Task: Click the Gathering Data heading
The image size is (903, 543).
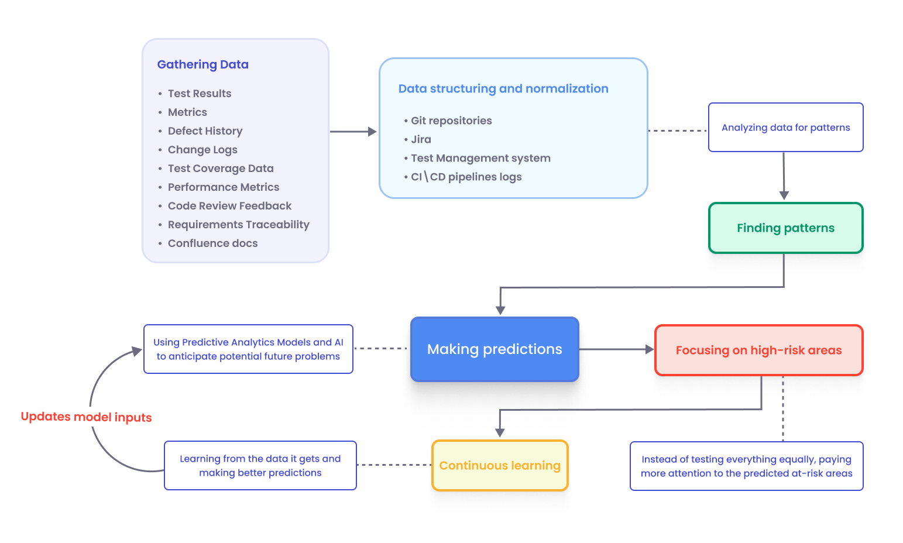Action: tap(202, 64)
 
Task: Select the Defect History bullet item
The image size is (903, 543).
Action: tap(205, 131)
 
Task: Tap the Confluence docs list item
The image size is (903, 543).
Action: tap(212, 243)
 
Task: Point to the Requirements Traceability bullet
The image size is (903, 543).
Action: tap(238, 225)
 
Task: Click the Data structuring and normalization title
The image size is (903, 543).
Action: tap(503, 88)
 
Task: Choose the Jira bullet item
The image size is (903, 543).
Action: tap(421, 139)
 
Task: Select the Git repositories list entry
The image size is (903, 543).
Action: tap(451, 121)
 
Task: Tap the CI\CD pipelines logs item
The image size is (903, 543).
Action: tap(466, 177)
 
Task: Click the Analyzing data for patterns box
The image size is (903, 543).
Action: tap(785, 128)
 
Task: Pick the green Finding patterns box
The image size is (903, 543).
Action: tap(785, 228)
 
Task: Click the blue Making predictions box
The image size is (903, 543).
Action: tap(495, 349)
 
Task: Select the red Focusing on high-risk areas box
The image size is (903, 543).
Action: tap(758, 350)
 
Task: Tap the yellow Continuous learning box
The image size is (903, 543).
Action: tap(500, 466)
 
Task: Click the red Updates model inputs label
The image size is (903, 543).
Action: tap(86, 417)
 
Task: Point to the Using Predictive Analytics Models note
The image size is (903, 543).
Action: tap(248, 349)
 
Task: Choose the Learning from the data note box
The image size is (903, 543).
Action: tap(260, 466)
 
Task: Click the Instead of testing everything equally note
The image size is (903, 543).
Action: tap(746, 466)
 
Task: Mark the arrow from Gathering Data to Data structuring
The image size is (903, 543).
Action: tap(353, 132)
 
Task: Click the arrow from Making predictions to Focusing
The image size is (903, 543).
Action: tap(616, 349)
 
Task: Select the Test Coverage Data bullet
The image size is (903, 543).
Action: tap(220, 169)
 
